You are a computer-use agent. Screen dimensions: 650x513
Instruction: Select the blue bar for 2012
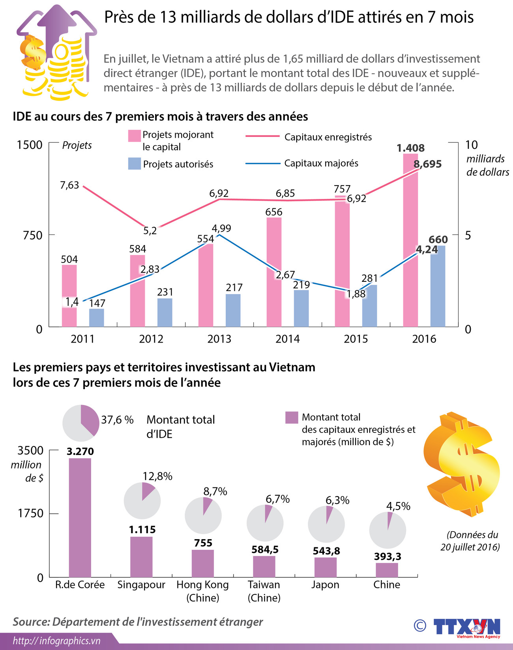pos(165,313)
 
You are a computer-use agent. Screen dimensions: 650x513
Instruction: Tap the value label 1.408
pos(410,148)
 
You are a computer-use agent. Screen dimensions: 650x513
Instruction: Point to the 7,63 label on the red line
pos(69,185)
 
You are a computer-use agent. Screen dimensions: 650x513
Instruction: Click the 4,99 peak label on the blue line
pos(221,229)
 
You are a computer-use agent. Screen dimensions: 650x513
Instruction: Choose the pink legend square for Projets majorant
pos(135,136)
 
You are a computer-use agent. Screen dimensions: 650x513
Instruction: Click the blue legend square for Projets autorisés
pos(135,164)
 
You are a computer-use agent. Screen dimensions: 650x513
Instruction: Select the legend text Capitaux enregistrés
pos(328,137)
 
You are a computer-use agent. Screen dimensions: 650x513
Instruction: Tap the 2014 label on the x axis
pos(287,339)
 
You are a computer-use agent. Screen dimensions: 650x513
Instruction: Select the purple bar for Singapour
pos(141,557)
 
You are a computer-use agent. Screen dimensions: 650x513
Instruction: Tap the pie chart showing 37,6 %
pos(81,423)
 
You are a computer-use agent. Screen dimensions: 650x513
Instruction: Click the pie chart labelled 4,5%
pos(388,530)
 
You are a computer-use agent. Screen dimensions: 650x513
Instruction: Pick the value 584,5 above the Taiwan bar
pos(265,549)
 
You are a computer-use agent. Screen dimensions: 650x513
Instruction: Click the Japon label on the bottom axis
pos(325,584)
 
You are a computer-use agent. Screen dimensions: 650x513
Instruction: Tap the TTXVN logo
pos(466,627)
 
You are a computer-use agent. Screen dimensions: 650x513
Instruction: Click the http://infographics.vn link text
pos(57,641)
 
